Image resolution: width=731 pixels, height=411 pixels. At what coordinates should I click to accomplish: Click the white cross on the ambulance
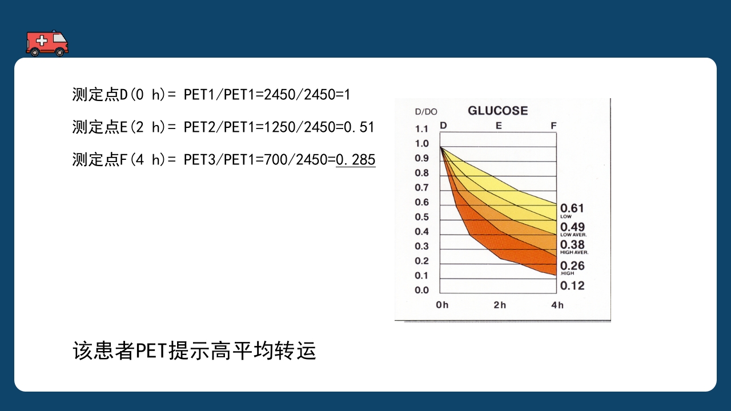point(41,40)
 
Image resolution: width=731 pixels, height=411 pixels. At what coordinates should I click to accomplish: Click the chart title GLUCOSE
point(497,111)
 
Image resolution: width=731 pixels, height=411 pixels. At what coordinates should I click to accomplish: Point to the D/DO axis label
point(425,112)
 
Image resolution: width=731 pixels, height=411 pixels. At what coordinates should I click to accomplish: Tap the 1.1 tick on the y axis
point(421,129)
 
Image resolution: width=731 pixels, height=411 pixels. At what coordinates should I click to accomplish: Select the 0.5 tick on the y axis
point(421,217)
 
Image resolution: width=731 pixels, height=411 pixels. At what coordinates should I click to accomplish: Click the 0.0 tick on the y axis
point(421,290)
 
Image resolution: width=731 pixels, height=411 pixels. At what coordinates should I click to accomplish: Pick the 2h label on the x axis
point(500,305)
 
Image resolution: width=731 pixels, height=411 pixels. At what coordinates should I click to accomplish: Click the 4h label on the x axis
point(557,305)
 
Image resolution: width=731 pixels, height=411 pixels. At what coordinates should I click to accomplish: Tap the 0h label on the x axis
point(442,305)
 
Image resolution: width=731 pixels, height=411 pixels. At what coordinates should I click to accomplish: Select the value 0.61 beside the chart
point(572,208)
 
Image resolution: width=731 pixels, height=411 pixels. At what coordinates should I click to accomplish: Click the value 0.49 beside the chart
point(572,227)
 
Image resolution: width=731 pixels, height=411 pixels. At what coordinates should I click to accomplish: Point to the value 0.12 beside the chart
point(572,285)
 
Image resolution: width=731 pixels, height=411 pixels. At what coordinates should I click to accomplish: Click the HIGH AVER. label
point(574,252)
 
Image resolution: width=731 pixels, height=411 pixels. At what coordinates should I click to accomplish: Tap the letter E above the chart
point(499,126)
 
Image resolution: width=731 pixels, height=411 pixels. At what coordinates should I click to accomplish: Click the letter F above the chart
point(553,126)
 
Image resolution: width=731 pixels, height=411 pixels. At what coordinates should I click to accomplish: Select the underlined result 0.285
point(356,160)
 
